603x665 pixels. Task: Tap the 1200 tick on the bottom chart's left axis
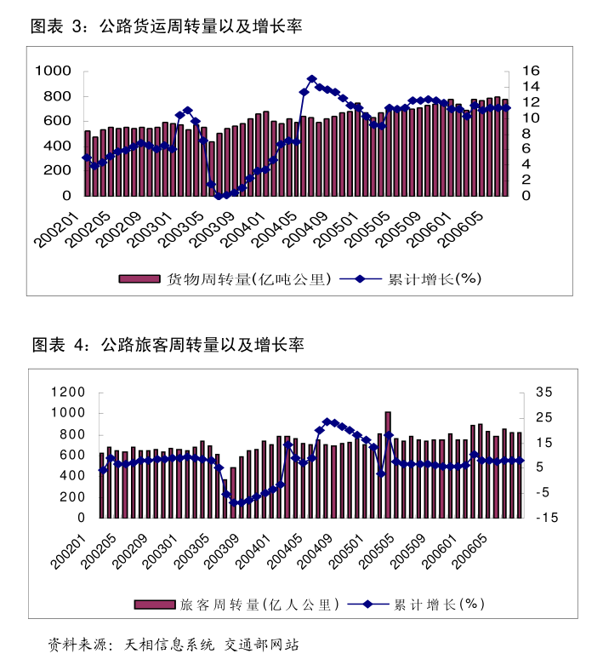pyautogui.click(x=68, y=393)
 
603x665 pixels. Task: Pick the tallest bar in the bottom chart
pyautogui.click(x=388, y=464)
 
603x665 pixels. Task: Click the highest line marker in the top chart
pyautogui.click(x=311, y=79)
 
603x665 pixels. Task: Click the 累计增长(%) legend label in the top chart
pyautogui.click(x=435, y=279)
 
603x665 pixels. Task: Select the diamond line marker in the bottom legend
pyautogui.click(x=367, y=605)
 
